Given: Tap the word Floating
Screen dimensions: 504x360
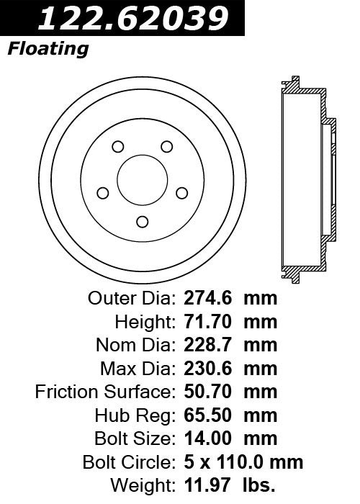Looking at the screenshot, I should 48,50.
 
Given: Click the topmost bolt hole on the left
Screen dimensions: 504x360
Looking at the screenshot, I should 117,147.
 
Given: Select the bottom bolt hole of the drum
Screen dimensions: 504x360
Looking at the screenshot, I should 142,221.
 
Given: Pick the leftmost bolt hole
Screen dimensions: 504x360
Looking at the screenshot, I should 102,193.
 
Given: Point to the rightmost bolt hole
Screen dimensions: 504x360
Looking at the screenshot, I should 182,192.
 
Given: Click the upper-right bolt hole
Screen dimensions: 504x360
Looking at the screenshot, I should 167,147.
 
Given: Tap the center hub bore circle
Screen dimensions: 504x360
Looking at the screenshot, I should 142,179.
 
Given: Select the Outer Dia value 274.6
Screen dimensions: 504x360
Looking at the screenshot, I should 204,298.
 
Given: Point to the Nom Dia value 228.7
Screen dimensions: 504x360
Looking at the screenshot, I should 204,345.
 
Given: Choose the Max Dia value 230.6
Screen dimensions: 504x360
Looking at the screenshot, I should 204,369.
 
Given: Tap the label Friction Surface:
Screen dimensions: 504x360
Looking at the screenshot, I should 104,392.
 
